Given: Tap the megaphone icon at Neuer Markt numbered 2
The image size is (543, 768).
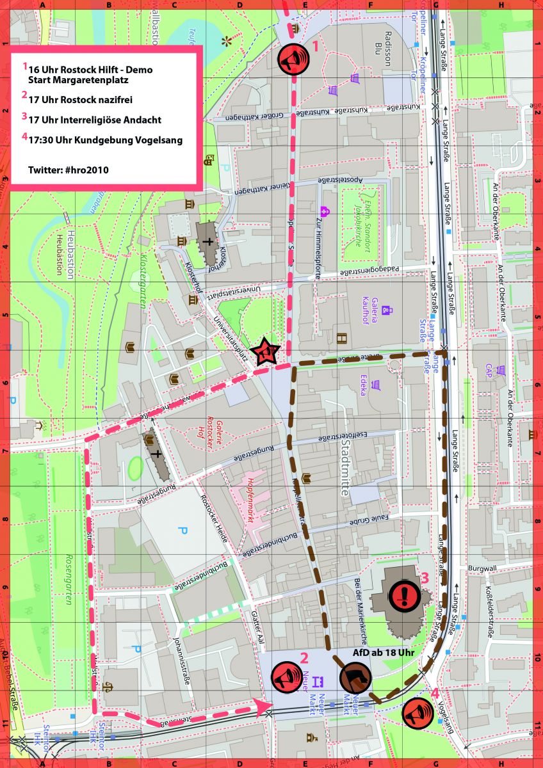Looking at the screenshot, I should [x=286, y=676].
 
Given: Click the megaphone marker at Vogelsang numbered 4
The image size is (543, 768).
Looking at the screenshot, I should [x=418, y=712].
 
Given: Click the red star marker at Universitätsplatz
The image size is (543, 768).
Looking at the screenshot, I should [x=265, y=352].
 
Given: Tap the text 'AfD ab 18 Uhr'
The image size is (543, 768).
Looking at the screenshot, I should [x=384, y=653].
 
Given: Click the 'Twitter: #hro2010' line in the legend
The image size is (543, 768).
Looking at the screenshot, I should [x=69, y=170].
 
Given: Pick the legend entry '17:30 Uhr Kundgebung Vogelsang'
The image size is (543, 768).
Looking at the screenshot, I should [x=105, y=141].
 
